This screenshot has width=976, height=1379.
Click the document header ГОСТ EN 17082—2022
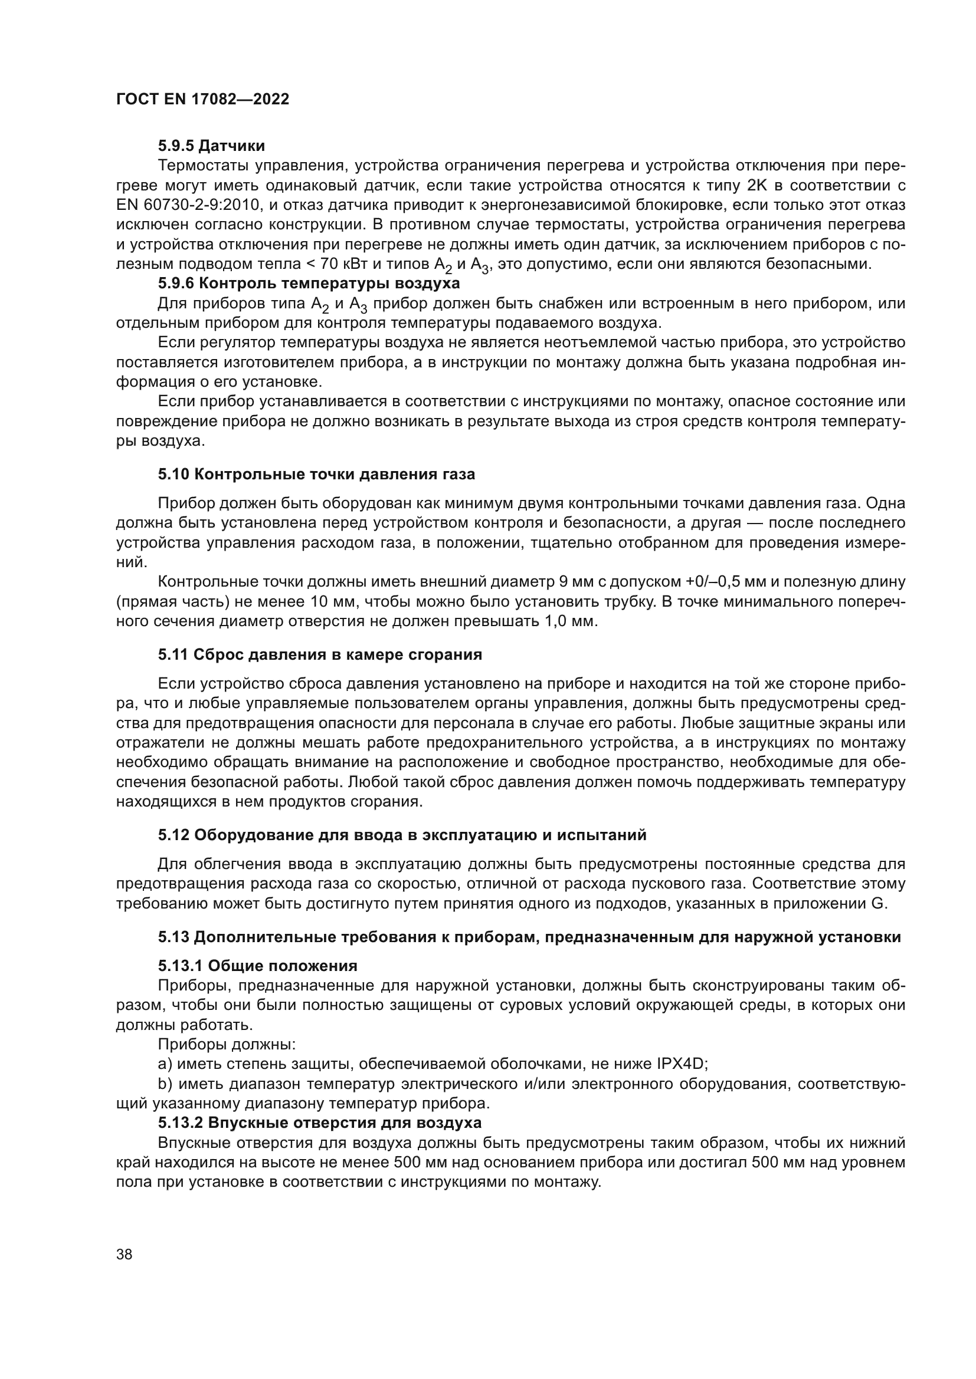(x=202, y=99)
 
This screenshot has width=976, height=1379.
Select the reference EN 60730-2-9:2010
(x=187, y=205)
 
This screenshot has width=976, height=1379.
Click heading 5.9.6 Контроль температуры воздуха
(x=309, y=283)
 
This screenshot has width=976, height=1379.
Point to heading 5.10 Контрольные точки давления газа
(x=316, y=475)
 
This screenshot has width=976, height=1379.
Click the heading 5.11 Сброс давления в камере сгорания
(x=320, y=654)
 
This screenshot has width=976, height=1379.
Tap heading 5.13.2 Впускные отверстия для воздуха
(x=320, y=1123)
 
